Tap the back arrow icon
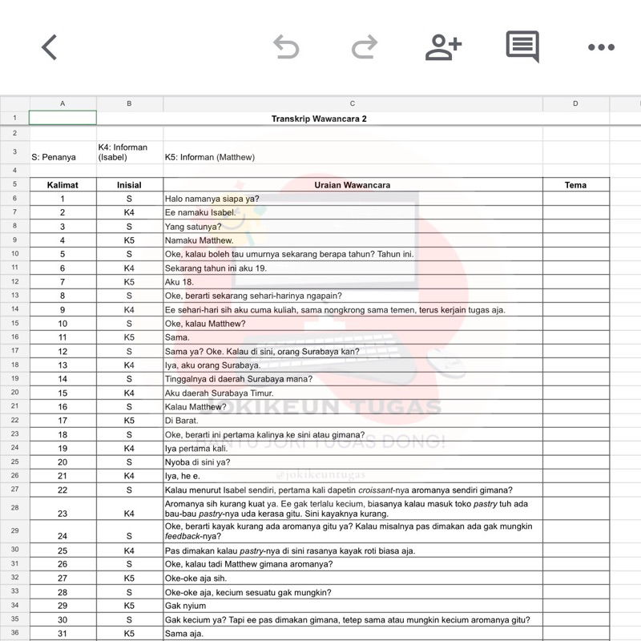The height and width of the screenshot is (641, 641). [50, 47]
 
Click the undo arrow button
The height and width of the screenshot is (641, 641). [285, 47]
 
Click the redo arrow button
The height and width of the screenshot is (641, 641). [365, 47]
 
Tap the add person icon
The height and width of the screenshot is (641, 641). [443, 47]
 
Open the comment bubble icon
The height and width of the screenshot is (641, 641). [522, 47]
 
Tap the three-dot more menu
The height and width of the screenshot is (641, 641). [601, 47]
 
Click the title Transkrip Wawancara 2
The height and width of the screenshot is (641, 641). [319, 119]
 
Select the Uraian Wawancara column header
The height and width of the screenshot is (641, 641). [353, 185]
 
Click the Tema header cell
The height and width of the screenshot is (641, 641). [575, 185]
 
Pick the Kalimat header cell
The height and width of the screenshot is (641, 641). [62, 185]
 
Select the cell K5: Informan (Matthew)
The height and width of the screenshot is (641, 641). [210, 157]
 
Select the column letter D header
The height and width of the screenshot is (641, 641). [575, 103]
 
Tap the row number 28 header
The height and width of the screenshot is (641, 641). [14, 508]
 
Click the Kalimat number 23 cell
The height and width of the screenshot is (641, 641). [62, 514]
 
